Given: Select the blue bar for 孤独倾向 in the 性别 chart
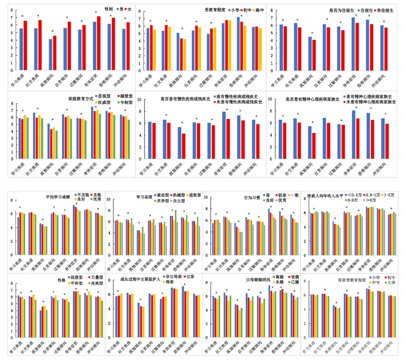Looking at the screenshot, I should (51, 50).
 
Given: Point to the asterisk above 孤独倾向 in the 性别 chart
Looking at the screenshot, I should (52, 31).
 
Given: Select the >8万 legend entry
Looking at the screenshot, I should (372, 201).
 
